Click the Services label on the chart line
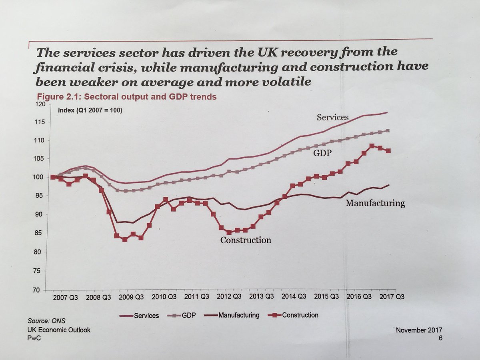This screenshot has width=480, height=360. (x=332, y=117)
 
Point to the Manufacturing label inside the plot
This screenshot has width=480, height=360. (x=375, y=203)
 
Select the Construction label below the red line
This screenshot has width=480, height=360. (x=246, y=240)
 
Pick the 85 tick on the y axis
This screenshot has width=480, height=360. (x=41, y=233)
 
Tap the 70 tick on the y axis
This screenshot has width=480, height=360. (x=41, y=289)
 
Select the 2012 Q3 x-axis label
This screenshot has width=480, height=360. (x=228, y=297)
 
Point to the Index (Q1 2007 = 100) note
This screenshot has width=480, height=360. (x=90, y=110)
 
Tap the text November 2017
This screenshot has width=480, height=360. (x=418, y=330)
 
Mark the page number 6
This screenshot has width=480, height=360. (x=440, y=338)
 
